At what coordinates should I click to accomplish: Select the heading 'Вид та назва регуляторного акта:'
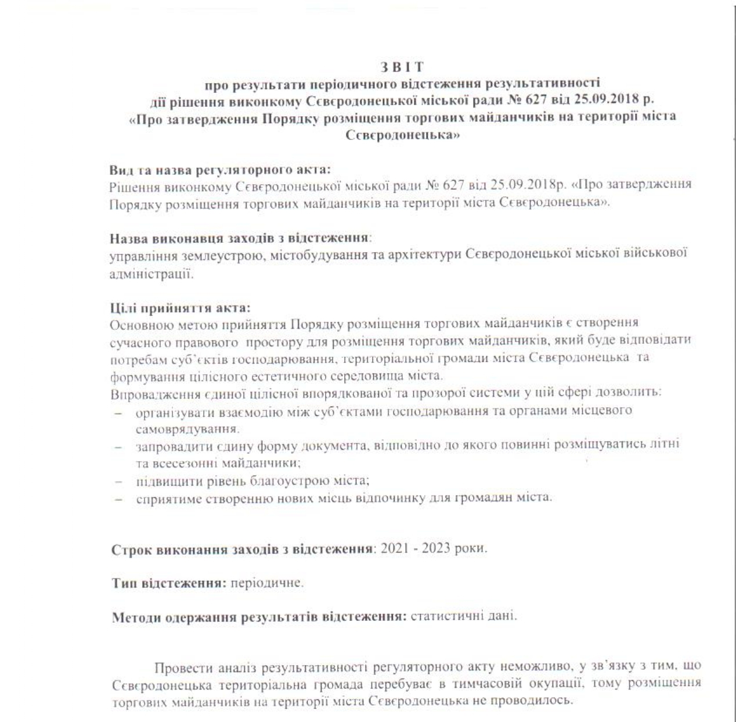coord(220,171)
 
